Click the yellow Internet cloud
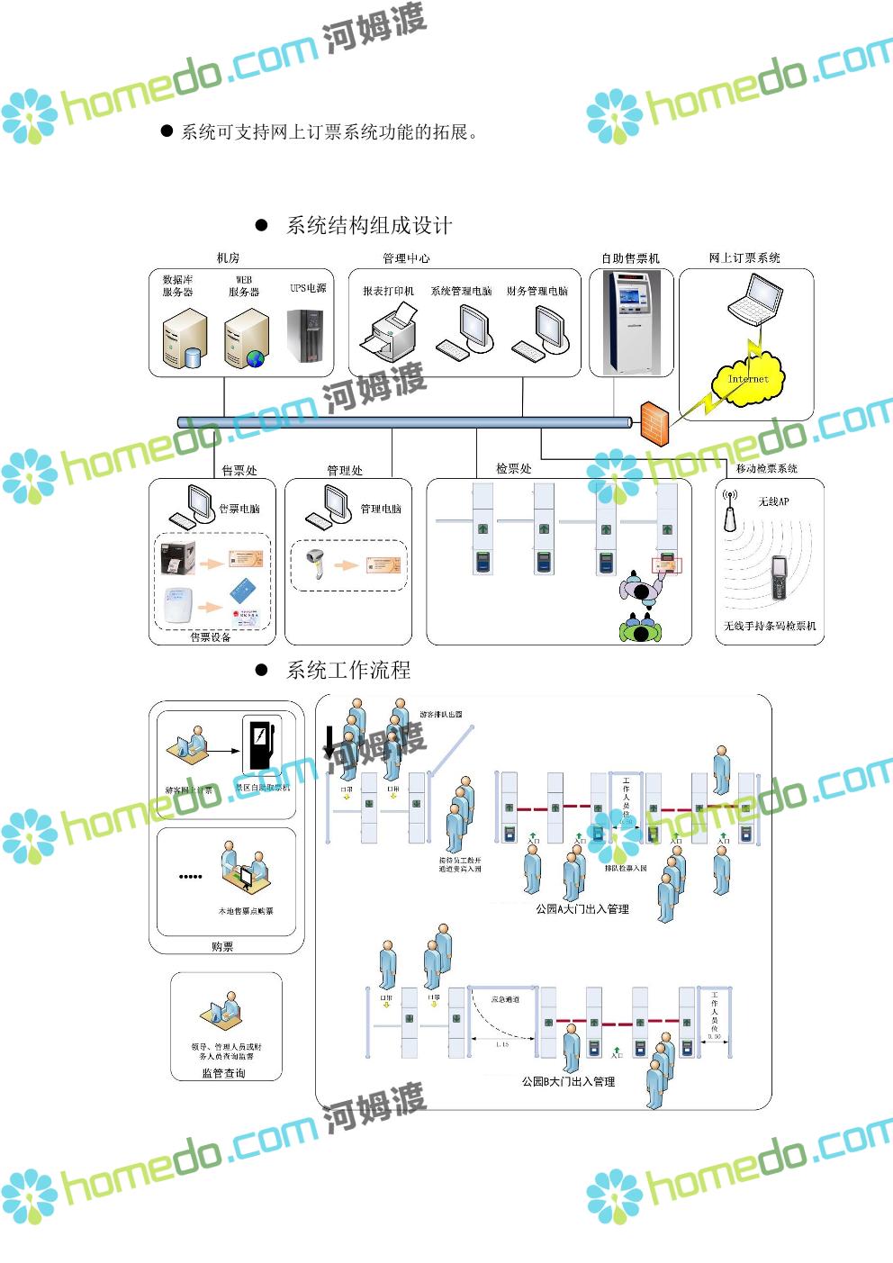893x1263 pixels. (x=748, y=381)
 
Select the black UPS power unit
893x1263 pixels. (x=305, y=336)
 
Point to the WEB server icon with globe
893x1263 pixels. (x=246, y=338)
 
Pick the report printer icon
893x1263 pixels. (x=389, y=331)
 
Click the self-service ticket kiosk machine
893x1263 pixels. (x=630, y=321)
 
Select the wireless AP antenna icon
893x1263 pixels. (x=730, y=510)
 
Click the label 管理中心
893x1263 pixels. (x=406, y=258)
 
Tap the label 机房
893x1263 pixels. (x=229, y=258)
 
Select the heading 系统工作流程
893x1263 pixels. (x=347, y=670)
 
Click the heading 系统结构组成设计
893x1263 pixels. (x=368, y=225)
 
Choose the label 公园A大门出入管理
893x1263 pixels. (x=582, y=909)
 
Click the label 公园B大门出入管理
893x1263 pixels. (x=568, y=1081)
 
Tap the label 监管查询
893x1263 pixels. (x=223, y=1073)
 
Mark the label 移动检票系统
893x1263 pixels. (x=766, y=468)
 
